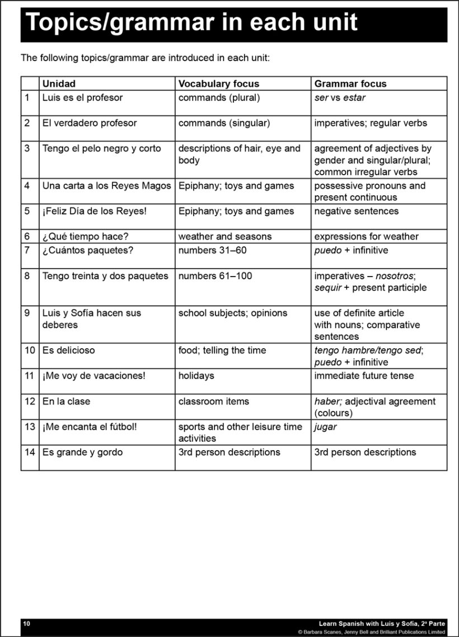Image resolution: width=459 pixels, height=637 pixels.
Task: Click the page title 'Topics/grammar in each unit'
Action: click(191, 23)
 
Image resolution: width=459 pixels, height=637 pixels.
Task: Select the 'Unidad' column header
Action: click(59, 84)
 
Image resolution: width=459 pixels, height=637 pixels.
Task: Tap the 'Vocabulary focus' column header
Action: click(219, 84)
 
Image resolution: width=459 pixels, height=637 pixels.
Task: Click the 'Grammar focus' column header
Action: click(350, 84)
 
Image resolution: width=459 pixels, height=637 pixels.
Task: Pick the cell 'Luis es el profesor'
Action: click(82, 98)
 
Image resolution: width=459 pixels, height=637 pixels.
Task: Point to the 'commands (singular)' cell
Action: click(224, 123)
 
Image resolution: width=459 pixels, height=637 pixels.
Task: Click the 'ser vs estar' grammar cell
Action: click(340, 98)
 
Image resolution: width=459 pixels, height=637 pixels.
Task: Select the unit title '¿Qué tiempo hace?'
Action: click(85, 237)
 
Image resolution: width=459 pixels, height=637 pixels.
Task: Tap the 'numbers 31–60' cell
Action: click(212, 250)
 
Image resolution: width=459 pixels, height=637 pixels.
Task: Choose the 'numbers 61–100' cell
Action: click(215, 276)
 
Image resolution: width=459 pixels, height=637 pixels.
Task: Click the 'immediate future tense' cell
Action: click(364, 376)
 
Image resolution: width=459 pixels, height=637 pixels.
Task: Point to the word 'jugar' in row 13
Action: click(325, 427)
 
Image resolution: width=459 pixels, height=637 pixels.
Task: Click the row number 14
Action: click(30, 452)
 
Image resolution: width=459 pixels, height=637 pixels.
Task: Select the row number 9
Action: click(27, 313)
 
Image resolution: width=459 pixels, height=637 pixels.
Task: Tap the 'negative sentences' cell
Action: click(356, 212)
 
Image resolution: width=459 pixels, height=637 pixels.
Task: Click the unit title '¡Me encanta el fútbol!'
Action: click(90, 427)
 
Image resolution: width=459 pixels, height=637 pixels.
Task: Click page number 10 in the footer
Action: click(27, 623)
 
